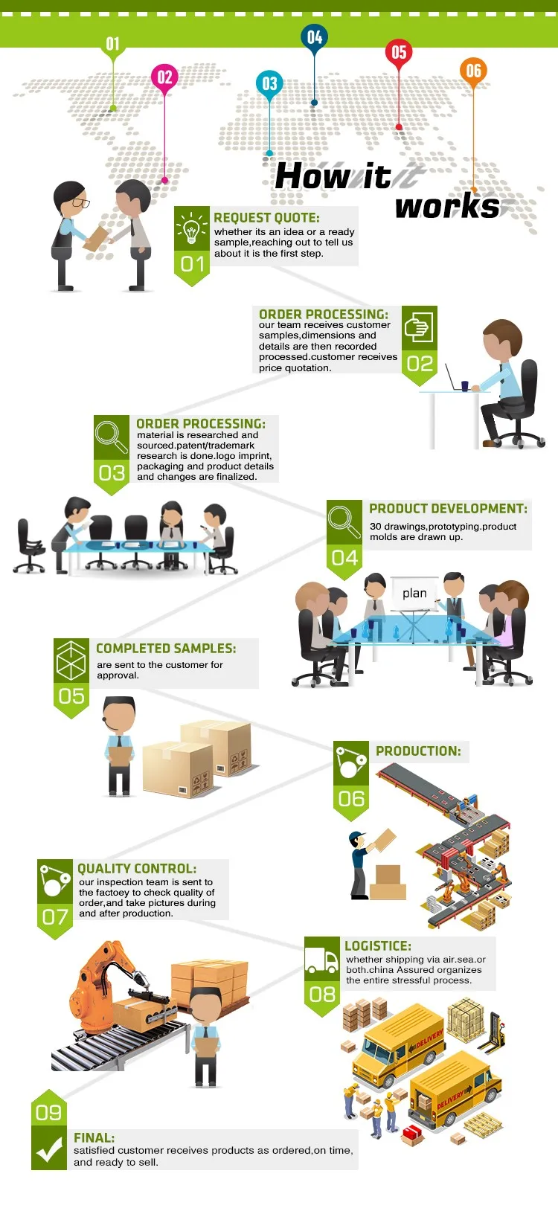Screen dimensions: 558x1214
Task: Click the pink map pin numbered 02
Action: (164, 77)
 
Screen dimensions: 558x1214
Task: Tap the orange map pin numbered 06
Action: (473, 71)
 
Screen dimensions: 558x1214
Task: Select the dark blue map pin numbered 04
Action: (315, 37)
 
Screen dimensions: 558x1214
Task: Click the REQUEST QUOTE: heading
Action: (266, 218)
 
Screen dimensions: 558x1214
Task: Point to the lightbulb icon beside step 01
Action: (192, 228)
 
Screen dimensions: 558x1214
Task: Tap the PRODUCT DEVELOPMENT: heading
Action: (448, 509)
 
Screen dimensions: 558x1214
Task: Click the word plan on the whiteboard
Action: (414, 593)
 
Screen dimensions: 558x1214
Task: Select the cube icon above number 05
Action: (71, 661)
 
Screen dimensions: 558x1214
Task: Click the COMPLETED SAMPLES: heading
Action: (166, 649)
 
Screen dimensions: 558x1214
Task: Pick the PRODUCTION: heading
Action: (418, 751)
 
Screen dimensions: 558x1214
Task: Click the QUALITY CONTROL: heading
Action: (137, 869)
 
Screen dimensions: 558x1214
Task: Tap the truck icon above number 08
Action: (321, 960)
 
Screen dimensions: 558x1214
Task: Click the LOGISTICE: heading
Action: (377, 946)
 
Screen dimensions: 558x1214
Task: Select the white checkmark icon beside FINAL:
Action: (49, 1150)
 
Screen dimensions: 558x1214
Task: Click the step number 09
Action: (49, 1113)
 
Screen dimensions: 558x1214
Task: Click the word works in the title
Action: (447, 206)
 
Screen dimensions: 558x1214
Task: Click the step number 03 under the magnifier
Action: (112, 473)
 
